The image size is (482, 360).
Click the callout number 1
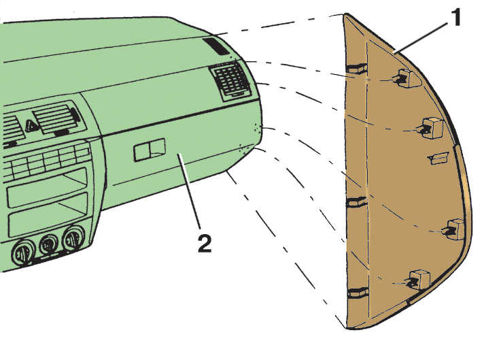[455, 17]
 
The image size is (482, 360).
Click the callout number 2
[205, 243]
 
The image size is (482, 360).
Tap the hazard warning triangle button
[31, 126]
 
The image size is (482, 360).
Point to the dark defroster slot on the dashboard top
[216, 46]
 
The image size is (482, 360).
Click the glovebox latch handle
[149, 149]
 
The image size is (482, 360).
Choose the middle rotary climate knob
[48, 244]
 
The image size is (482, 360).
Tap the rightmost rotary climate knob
[73, 238]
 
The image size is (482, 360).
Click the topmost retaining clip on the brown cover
[404, 78]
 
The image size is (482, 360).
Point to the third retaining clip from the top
[453, 229]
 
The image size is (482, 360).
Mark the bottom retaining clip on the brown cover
[417, 279]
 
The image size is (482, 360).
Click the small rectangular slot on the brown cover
[438, 158]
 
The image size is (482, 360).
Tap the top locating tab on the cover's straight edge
[357, 68]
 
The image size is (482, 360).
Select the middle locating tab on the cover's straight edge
[357, 202]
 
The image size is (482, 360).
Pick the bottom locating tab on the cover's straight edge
[358, 293]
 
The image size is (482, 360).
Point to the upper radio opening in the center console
[46, 188]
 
